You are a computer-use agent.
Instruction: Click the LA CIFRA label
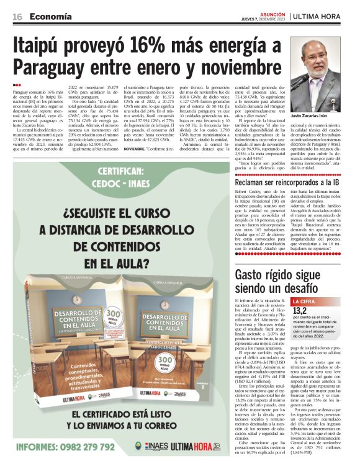point(308,301)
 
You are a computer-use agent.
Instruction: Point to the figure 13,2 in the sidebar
point(300,311)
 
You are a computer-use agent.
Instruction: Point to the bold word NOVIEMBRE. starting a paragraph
point(138,150)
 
